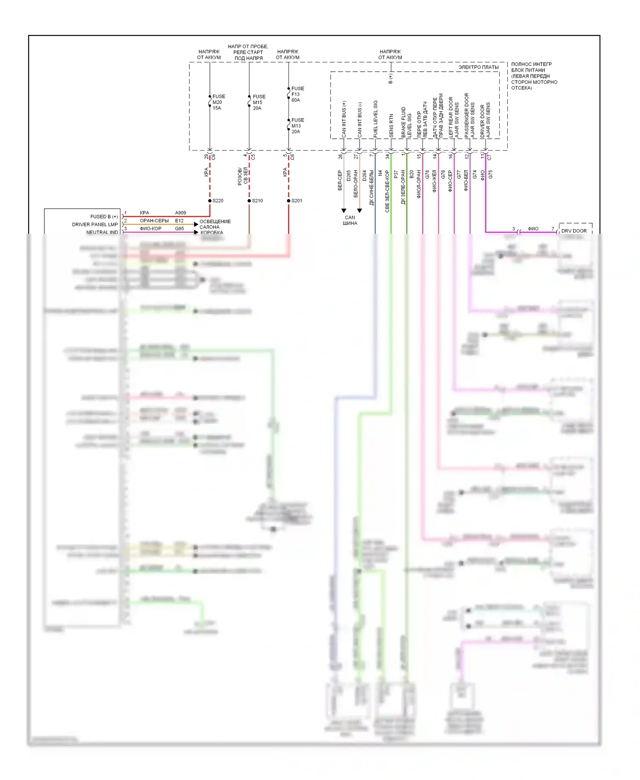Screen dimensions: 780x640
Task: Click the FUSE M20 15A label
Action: point(218,102)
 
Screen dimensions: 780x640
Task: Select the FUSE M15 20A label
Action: point(258,102)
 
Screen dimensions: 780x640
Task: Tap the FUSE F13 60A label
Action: point(297,94)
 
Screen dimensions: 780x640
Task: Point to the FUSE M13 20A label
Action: point(297,126)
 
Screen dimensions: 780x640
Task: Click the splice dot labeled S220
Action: point(210,201)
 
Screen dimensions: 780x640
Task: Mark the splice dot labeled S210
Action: point(249,201)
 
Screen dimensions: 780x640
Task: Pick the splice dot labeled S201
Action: point(288,201)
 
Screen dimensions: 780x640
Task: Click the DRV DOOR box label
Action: point(574,231)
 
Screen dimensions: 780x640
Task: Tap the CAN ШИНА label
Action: point(350,220)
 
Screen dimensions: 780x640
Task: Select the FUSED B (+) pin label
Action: point(104,217)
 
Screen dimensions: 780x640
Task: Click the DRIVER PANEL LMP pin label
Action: point(95,224)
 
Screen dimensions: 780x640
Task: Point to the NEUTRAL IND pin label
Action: point(102,232)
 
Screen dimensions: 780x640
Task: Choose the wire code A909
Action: point(180,212)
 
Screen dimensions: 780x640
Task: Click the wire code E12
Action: point(179,221)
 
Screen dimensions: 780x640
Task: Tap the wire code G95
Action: point(179,229)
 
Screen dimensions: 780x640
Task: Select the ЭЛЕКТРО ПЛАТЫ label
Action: point(478,67)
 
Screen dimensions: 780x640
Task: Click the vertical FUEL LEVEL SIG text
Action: point(375,119)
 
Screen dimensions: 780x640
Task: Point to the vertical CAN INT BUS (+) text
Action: point(344,119)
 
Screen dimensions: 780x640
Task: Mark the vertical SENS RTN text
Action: point(391,125)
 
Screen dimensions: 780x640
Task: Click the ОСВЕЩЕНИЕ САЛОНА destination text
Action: point(215,224)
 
